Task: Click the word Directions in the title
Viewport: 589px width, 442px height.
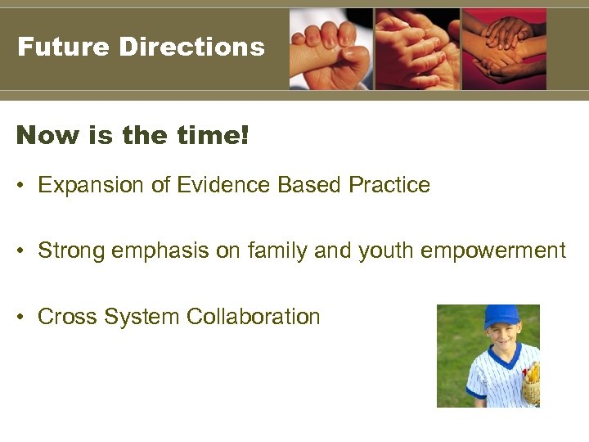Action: (x=191, y=47)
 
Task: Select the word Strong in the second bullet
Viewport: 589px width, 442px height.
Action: (x=70, y=250)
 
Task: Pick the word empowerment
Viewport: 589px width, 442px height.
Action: (x=493, y=250)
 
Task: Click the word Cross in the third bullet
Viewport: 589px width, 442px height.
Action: (x=65, y=317)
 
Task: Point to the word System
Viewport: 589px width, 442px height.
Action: (x=142, y=317)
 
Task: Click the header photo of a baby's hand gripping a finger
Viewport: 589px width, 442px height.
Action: (x=330, y=49)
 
